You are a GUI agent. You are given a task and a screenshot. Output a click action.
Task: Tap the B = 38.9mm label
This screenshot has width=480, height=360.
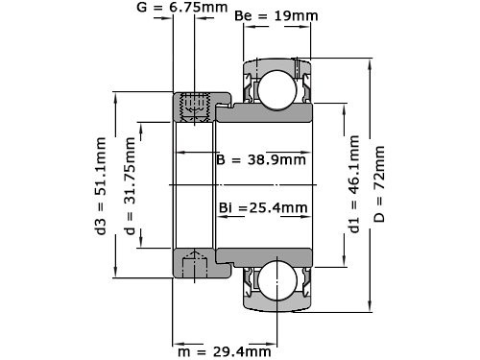coord(261,159)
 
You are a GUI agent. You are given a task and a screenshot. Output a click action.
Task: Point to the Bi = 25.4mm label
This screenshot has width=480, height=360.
coord(261,207)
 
